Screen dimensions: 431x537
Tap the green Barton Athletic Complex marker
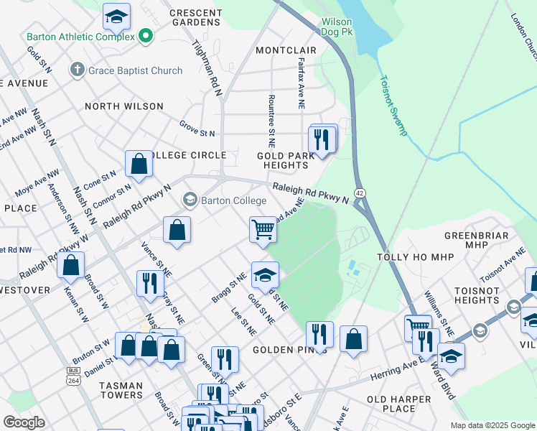[146, 35]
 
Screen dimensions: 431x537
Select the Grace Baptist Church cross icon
[77, 70]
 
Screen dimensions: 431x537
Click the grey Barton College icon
[190, 199]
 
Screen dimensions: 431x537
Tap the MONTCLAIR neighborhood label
[286, 50]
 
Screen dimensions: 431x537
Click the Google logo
[24, 422]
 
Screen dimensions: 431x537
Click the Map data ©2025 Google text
[492, 425]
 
